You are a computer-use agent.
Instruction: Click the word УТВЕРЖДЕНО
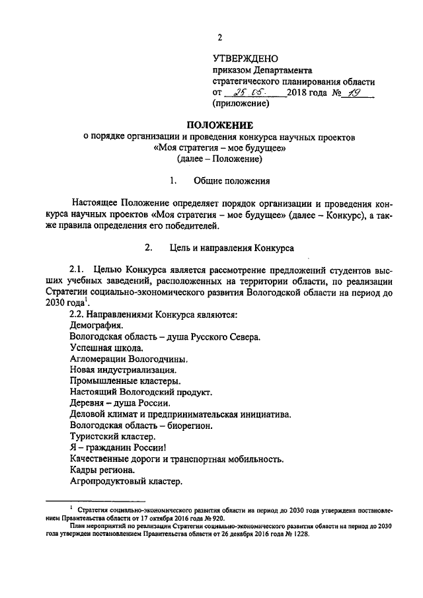click(245, 59)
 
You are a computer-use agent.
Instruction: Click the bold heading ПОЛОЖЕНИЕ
click(219, 125)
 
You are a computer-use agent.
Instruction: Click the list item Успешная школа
click(104, 347)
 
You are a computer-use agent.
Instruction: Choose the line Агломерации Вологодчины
click(124, 359)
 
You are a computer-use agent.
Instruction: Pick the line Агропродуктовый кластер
click(125, 482)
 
